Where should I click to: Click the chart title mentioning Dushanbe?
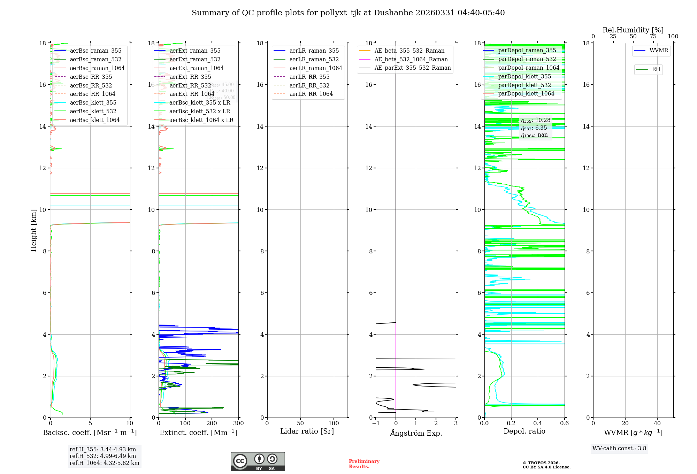tap(348, 13)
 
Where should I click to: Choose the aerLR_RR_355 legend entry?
tap(309, 77)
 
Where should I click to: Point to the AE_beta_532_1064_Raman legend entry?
tap(411, 60)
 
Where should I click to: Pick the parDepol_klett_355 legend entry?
tap(524, 77)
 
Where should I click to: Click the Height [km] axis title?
tap(33, 230)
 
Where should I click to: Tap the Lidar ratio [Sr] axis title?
tap(307, 431)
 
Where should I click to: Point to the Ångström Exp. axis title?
tap(416, 433)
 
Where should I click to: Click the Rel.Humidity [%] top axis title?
tap(633, 30)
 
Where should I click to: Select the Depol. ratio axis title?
tap(524, 431)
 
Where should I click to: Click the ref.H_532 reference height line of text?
tap(103, 456)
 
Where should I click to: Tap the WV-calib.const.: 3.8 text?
tap(619, 449)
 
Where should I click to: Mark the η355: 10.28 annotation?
tap(536, 120)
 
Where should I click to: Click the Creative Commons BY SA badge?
tap(258, 462)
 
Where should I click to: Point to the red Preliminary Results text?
tap(364, 464)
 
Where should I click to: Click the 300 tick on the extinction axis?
tap(239, 423)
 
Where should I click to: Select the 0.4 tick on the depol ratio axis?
tap(538, 423)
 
